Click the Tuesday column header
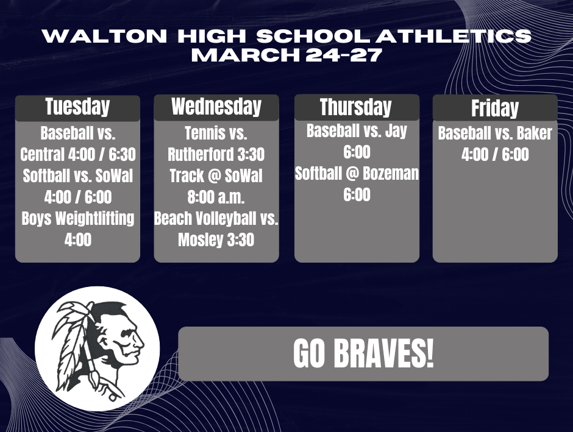[77, 107]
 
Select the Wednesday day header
[216, 107]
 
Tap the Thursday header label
[356, 108]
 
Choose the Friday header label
[495, 109]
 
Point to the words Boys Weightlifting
[77, 218]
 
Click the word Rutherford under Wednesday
[200, 155]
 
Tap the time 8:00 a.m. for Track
[216, 197]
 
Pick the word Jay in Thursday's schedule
[396, 131]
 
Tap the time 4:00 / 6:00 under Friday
[495, 155]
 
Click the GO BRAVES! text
[363, 354]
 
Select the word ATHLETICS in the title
[454, 36]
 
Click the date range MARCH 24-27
[286, 55]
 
